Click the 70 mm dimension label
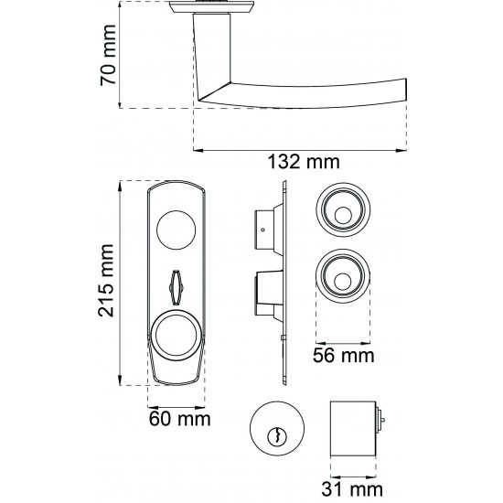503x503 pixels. click(108, 55)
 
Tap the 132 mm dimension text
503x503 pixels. click(304, 162)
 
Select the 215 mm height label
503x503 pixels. click(106, 281)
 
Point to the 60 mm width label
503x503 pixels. click(179, 419)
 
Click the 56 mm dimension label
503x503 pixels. click(344, 356)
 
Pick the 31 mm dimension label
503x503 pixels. click(352, 489)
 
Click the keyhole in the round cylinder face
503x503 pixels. click(276, 436)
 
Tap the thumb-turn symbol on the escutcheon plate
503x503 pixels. click(176, 287)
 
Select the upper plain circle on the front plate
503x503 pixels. click(176, 230)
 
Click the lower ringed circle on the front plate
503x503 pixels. click(176, 336)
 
